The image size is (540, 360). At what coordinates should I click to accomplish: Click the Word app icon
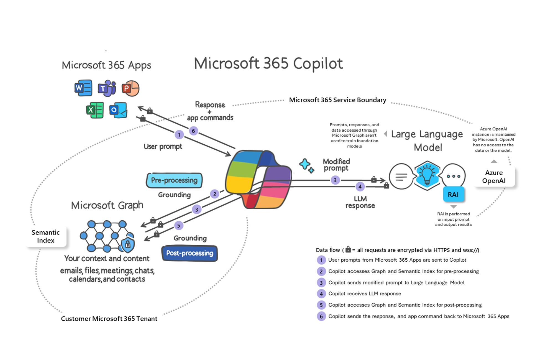coord(83,88)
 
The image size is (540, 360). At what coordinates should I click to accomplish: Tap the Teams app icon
coord(107,88)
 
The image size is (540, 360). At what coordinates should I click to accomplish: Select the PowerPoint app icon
coord(130,88)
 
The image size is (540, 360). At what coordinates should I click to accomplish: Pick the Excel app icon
coord(95,110)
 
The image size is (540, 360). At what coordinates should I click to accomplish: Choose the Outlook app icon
coord(118,110)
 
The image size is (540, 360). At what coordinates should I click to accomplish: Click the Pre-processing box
coord(174,180)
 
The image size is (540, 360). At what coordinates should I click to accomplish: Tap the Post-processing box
coord(190,253)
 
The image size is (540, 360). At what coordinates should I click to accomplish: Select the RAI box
coord(453,195)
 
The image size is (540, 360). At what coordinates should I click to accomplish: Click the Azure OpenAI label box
coord(494,177)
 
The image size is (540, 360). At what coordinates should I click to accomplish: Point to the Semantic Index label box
coord(46,236)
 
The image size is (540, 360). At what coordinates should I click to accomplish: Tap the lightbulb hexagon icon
coord(427,176)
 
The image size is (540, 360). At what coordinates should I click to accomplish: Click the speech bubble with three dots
coord(453,176)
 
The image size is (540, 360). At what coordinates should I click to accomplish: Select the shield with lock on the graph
coord(128,244)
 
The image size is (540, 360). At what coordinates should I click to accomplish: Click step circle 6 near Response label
coord(193,131)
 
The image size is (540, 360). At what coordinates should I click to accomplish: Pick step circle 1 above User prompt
coord(179,135)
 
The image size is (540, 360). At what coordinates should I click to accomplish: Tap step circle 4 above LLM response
coord(360,187)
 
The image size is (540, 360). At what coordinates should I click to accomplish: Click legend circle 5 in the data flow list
coord(321,305)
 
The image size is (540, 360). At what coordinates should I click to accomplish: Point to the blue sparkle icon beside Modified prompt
coord(306,165)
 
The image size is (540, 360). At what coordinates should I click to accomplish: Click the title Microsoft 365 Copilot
coord(268,63)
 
